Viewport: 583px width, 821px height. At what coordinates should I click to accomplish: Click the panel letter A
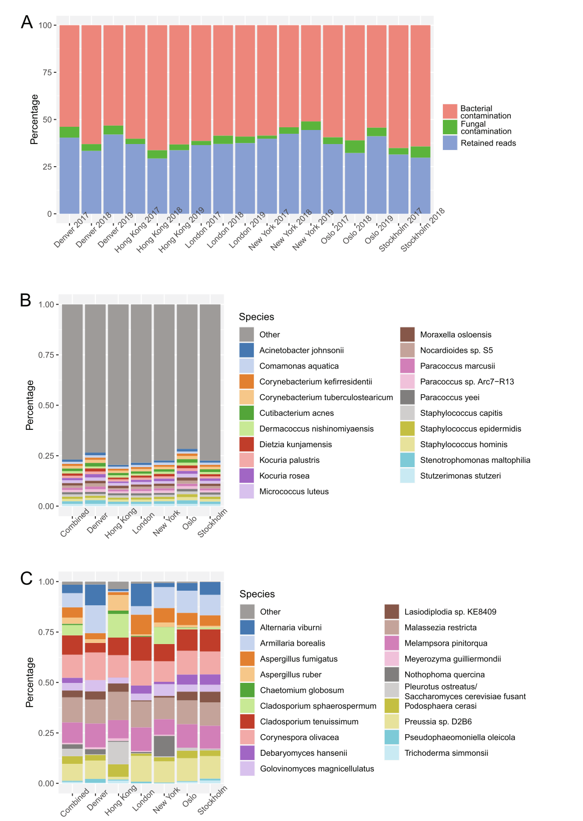[x=27, y=22]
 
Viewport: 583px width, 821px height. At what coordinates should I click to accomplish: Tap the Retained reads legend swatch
[x=450, y=143]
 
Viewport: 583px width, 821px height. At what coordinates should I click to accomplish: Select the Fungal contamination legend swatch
[x=450, y=127]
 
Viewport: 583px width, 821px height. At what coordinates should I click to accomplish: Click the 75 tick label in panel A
[x=46, y=72]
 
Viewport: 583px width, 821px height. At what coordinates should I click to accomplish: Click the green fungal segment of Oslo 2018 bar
[x=355, y=147]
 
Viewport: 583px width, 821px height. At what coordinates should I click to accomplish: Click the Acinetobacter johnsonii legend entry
[x=301, y=350]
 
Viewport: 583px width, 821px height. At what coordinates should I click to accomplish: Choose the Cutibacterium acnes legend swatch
[x=247, y=413]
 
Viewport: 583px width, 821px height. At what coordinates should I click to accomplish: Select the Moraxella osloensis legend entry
[x=455, y=334]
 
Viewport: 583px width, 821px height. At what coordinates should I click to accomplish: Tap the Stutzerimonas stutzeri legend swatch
[x=407, y=476]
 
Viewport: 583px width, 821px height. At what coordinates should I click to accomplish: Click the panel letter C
[x=26, y=578]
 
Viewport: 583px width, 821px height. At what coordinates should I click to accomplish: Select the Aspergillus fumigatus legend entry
[x=299, y=659]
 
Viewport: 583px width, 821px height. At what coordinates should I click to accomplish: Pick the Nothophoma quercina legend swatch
[x=392, y=674]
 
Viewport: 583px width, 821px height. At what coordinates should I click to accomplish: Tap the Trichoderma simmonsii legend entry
[x=446, y=752]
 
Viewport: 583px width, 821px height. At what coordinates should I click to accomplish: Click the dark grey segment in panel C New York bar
[x=164, y=745]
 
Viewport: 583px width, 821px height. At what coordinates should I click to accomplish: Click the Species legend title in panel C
[x=257, y=594]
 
